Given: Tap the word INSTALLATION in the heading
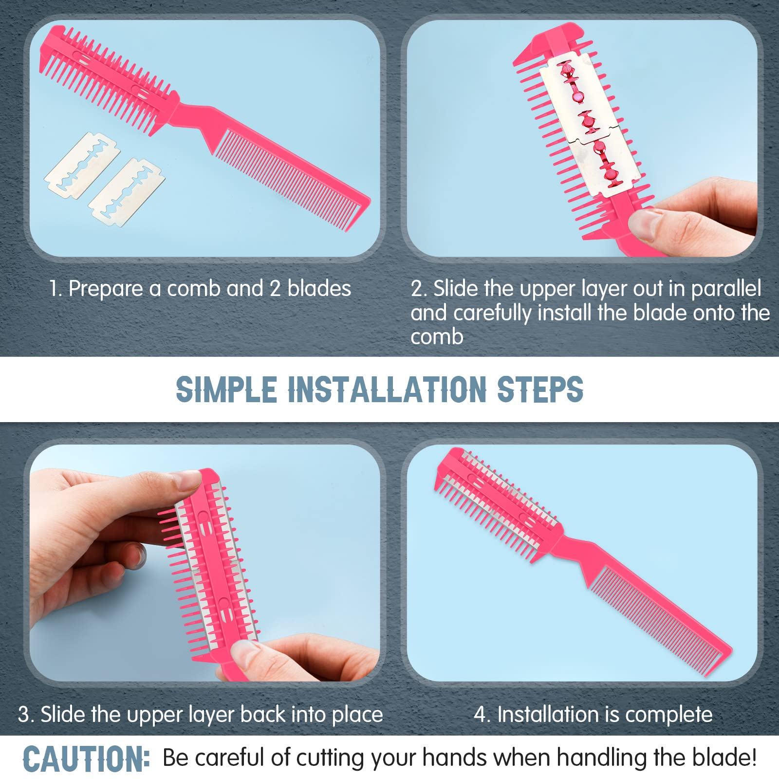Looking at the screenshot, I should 388,389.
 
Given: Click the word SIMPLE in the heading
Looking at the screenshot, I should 226,389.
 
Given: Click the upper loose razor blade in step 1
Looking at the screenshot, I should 82,166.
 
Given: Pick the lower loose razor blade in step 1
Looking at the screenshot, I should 126,192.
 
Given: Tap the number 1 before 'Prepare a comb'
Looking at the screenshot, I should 54,289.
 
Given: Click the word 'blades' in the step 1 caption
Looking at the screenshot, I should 319,289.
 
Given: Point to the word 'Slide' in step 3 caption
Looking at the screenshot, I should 63,715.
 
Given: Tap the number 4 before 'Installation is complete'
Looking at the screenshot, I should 480,715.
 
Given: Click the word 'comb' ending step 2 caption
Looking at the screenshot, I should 437,337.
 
